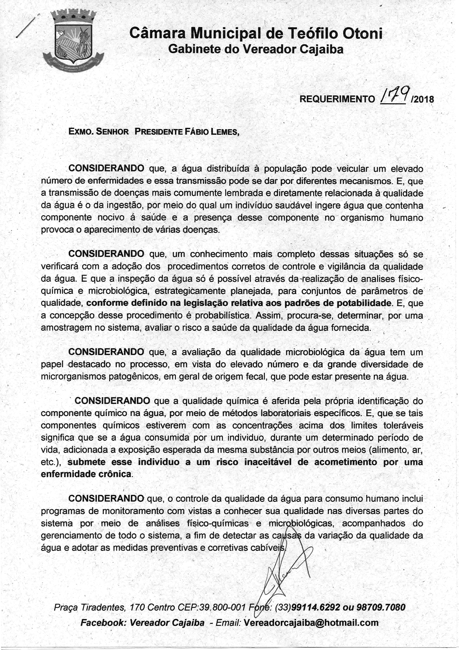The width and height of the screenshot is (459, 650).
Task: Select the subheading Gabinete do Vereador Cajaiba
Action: (256, 49)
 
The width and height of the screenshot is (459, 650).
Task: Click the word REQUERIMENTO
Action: (337, 99)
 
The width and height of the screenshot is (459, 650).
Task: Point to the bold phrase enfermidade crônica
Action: (86, 474)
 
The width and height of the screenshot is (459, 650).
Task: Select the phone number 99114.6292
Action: (316, 607)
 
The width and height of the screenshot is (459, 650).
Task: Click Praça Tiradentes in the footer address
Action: (89, 607)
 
